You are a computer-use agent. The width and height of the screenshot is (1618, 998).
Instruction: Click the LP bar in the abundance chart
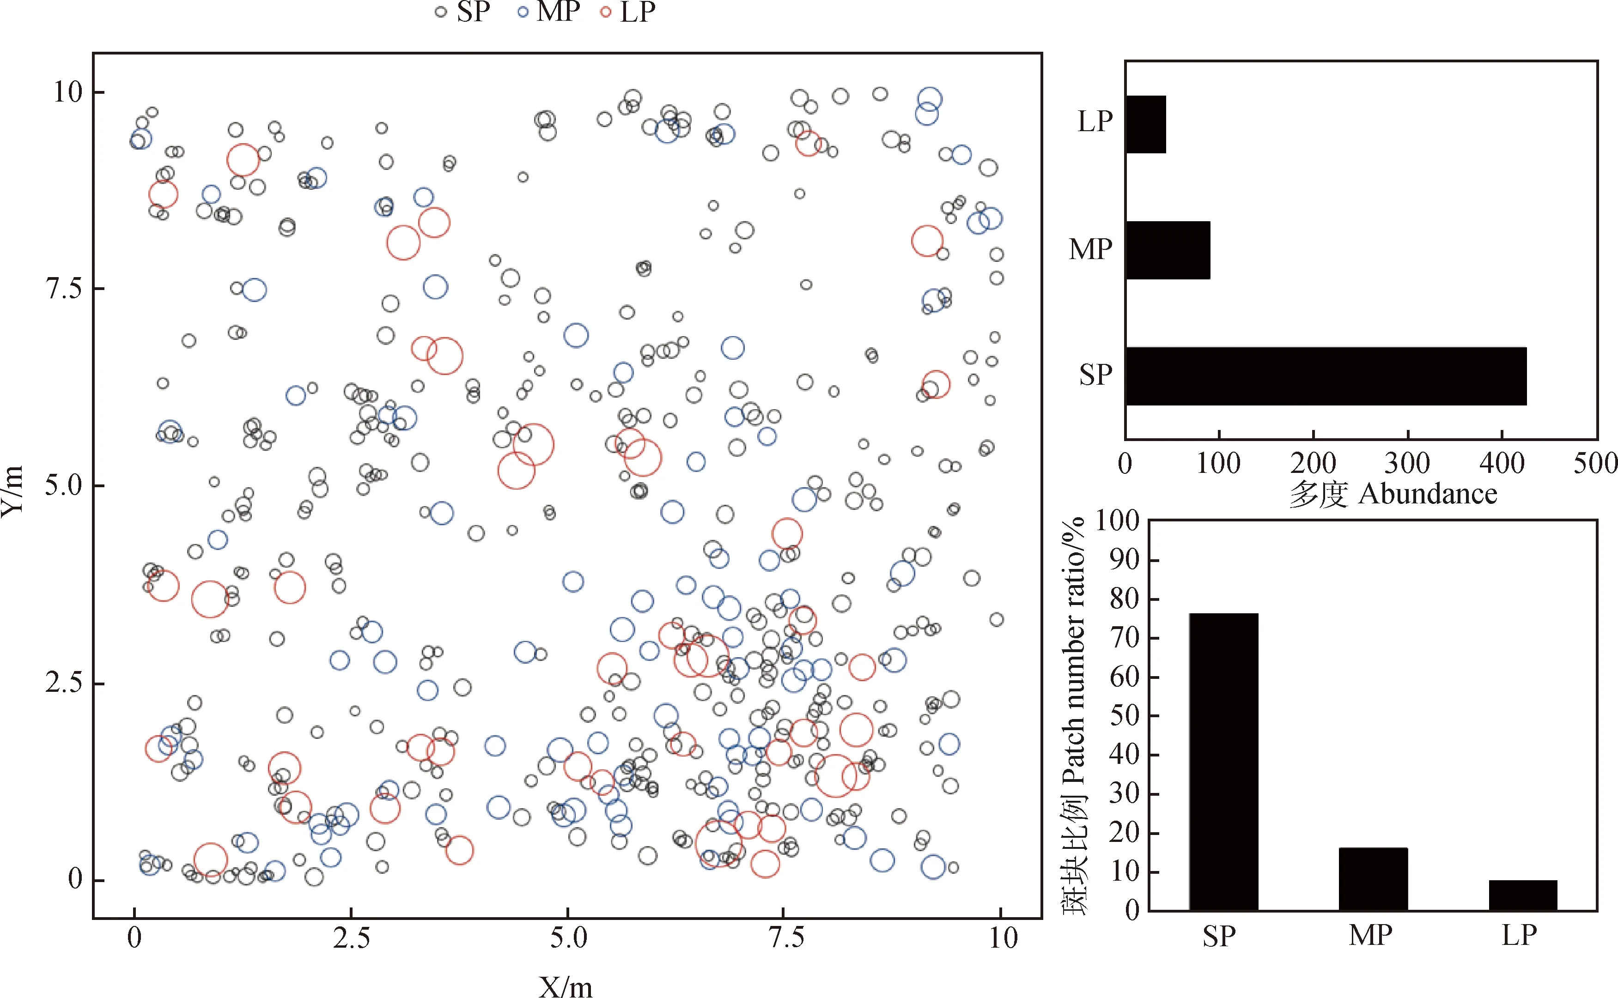(x=1146, y=124)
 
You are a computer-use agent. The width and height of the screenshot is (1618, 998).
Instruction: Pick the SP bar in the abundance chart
(x=1326, y=375)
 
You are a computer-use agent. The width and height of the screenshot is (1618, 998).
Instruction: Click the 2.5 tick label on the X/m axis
(x=351, y=938)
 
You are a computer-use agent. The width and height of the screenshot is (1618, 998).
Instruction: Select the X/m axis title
(x=566, y=986)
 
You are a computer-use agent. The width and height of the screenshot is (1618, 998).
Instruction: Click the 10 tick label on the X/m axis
(x=1003, y=938)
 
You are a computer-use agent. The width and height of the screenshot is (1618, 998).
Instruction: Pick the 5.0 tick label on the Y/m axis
(x=64, y=485)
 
